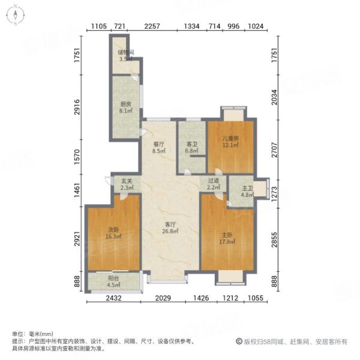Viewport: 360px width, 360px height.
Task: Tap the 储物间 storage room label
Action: pos(125,52)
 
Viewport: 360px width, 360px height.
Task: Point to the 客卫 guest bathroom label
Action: pos(192,145)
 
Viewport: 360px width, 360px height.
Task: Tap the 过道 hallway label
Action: pos(213,181)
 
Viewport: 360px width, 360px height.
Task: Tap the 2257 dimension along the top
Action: pos(152,26)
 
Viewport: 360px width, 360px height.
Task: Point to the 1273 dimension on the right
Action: pos(274,194)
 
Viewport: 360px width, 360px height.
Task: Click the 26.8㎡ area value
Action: pos(170,232)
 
